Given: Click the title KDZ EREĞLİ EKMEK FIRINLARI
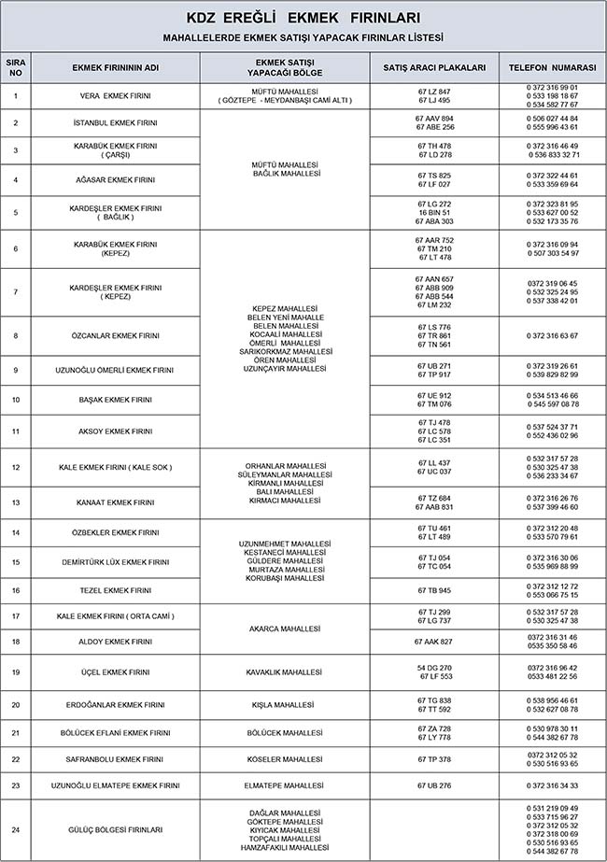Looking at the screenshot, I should [303, 18].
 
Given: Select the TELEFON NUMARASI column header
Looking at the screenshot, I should [552, 68].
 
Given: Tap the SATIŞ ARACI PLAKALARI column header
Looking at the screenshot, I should [434, 68].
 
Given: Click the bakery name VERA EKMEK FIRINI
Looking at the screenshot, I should [116, 95].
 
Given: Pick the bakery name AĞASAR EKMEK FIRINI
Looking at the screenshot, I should [115, 179].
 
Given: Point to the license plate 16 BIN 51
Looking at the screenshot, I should [434, 212].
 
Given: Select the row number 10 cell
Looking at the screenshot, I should [16, 400].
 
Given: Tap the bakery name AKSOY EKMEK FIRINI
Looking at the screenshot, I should [116, 431].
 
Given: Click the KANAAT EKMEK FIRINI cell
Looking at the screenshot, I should [116, 502].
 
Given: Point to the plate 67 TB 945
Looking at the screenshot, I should [434, 590].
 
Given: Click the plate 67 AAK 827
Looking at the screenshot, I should [434, 642].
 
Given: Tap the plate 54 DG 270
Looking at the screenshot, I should [434, 668].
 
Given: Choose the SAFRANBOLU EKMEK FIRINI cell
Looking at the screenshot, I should [116, 759].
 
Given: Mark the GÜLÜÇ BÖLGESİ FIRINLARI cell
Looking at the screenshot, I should [116, 829].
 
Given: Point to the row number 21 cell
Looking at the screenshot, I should [16, 733].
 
